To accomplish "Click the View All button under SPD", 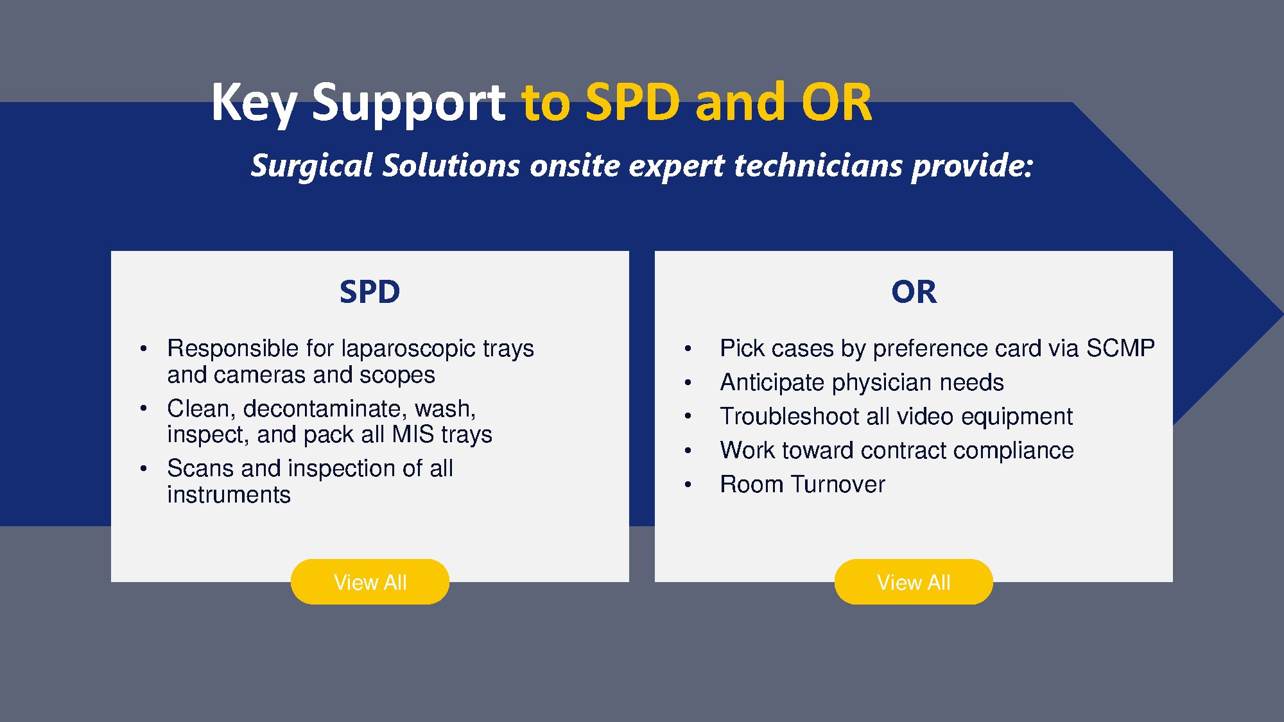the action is click(x=370, y=581).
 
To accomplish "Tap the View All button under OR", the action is click(x=914, y=581).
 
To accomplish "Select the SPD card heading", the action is click(x=370, y=292).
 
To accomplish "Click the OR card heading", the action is click(x=914, y=292).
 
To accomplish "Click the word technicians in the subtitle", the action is click(x=819, y=165).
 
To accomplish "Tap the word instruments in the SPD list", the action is click(x=229, y=495).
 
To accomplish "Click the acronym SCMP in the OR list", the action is click(x=1120, y=348).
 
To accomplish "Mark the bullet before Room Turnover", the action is click(x=688, y=485).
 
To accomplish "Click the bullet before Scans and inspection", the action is click(x=144, y=469).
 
